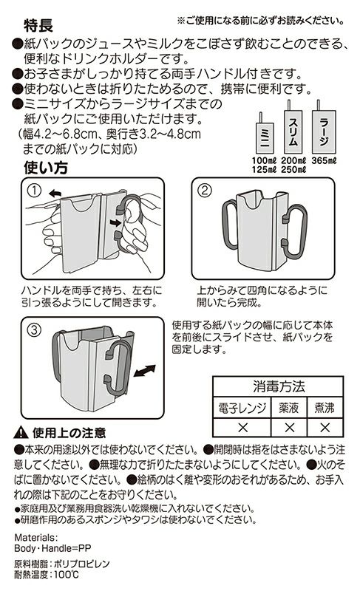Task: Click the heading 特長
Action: point(38,26)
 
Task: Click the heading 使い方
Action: point(46,168)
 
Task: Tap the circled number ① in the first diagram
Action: point(34,191)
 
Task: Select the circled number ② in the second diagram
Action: point(205,191)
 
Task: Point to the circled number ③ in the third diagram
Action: point(34,330)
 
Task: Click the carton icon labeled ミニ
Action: point(265,133)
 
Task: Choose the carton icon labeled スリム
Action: point(293,127)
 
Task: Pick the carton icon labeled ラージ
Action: point(324,127)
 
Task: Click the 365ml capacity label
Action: point(324,160)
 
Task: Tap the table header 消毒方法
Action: point(279,386)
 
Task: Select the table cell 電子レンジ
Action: point(242,408)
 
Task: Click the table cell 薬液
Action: point(289,408)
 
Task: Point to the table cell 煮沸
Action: point(325,408)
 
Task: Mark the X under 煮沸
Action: point(325,428)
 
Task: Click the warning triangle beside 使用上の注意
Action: point(21,433)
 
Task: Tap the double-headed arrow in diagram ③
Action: point(144,371)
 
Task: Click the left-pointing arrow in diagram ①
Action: point(55,194)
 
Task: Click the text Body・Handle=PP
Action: point(52,548)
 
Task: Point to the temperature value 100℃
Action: point(67,575)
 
